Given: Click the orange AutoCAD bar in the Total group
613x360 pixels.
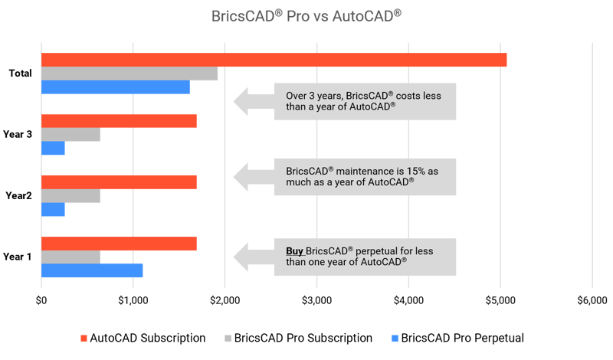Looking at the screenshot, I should coord(274,59).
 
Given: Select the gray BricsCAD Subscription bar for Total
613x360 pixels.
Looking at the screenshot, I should coord(129,74).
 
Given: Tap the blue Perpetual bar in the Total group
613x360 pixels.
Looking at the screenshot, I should coord(115,87).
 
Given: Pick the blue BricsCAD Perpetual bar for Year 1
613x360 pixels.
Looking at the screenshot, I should coord(92,270).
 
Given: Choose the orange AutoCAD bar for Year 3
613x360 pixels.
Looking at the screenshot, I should coord(119,121).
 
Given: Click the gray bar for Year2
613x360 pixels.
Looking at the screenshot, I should coord(70,196).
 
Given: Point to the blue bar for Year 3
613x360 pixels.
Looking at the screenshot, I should coord(53,149).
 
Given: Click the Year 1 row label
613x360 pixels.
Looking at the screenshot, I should coord(17,256).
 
